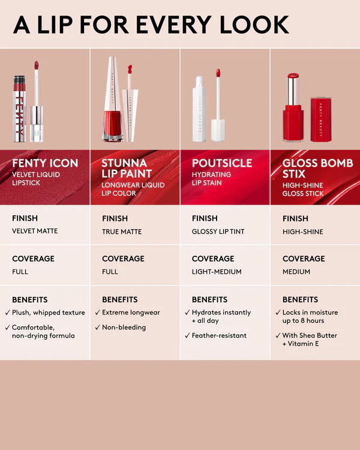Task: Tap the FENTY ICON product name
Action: pos(45,163)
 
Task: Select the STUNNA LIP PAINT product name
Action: pos(127,169)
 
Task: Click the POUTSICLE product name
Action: pos(222,163)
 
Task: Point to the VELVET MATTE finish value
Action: pos(35,231)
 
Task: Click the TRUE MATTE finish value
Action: pos(122,231)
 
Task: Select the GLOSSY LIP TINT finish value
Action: pos(218,232)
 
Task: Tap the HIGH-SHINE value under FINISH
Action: pos(303,232)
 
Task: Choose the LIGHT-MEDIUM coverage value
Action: pos(217,272)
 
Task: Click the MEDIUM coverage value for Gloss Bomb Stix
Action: pos(296,272)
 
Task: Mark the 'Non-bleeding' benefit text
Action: pos(124,328)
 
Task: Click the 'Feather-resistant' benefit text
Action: pos(219,336)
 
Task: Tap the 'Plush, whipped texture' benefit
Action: pos(49,313)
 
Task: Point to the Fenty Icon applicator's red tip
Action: pos(37,65)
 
